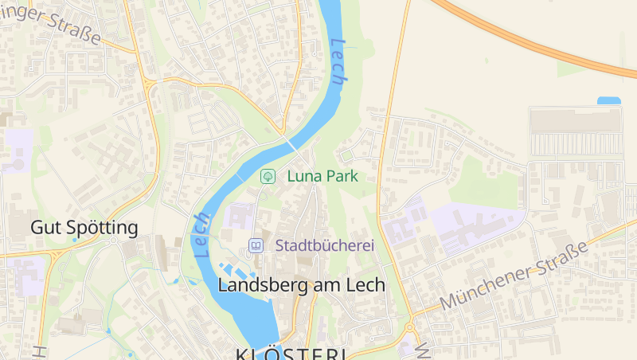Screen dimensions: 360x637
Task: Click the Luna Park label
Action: pos(322,176)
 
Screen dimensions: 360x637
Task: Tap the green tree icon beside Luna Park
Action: pos(268,176)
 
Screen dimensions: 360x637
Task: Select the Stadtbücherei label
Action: pos(325,246)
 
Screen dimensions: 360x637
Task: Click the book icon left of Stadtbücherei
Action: pos(256,246)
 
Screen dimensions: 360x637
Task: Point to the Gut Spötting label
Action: pos(84,228)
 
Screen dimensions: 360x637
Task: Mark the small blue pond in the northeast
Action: pos(608,101)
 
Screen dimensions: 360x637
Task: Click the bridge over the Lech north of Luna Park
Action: pos(292,145)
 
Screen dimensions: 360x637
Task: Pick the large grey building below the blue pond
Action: pos(575,120)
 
